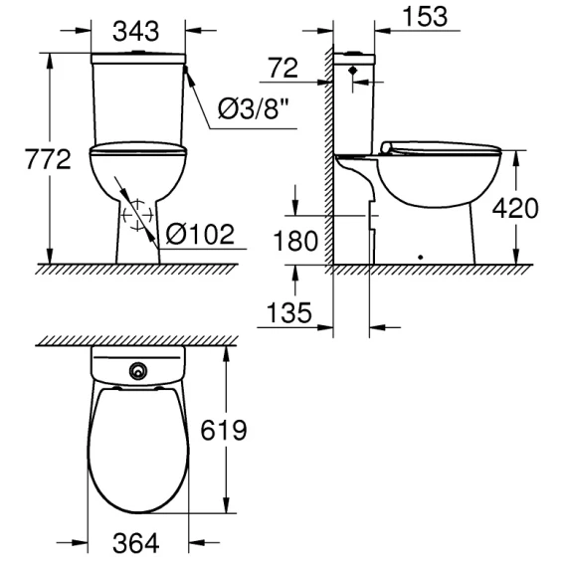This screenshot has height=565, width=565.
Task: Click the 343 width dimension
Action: [x=136, y=31]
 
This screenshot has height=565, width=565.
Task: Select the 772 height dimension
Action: [x=48, y=159]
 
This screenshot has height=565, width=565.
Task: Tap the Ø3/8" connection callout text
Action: [x=254, y=108]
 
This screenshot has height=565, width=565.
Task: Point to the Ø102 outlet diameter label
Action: [x=200, y=234]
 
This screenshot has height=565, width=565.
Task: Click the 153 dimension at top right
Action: [x=425, y=16]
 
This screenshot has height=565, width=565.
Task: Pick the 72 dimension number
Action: [x=283, y=68]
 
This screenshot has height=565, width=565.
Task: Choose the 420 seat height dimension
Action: [x=515, y=208]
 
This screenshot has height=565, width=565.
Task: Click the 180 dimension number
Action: [x=295, y=241]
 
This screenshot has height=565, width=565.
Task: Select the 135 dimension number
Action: [x=289, y=312]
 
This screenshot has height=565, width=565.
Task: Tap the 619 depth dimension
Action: [x=224, y=430]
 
